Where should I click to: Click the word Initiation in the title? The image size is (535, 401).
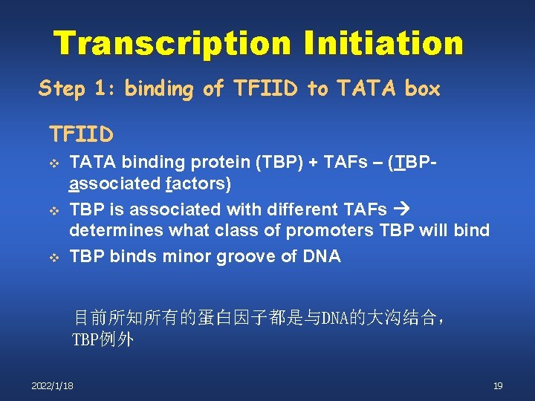coord(383,43)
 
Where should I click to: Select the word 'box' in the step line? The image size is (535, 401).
coord(423,89)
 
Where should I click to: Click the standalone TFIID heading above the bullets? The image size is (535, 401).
coord(81,134)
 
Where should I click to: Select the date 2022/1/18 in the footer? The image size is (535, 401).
coord(52,385)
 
